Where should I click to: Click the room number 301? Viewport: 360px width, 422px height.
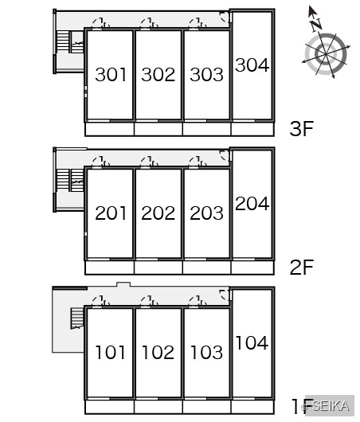pyautogui.click(x=111, y=75)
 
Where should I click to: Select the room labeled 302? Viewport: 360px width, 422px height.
pyautogui.click(x=158, y=75)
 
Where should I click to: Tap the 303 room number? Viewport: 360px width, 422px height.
pyautogui.click(x=206, y=75)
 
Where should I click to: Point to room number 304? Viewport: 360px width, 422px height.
pyautogui.click(x=252, y=64)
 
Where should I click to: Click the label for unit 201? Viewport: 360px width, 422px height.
pyautogui.click(x=111, y=213)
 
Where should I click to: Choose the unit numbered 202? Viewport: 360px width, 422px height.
pyautogui.click(x=158, y=213)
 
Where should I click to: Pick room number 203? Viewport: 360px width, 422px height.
pyautogui.click(x=206, y=213)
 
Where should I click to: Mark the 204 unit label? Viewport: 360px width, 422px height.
pyautogui.click(x=252, y=204)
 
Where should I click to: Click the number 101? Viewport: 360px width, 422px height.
pyautogui.click(x=111, y=352)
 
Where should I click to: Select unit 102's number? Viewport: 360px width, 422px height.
pyautogui.click(x=158, y=352)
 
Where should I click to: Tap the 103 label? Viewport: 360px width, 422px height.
pyautogui.click(x=206, y=352)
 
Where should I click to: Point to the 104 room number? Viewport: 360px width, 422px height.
pyautogui.click(x=252, y=342)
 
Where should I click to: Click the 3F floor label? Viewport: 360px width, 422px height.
pyautogui.click(x=302, y=128)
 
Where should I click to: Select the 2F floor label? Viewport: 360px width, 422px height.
pyautogui.click(x=302, y=267)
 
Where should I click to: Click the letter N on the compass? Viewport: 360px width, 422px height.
pyautogui.click(x=316, y=25)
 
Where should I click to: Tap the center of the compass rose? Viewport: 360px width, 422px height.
pyautogui.click(x=326, y=54)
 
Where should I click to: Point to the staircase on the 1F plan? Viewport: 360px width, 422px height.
pyautogui.click(x=77, y=318)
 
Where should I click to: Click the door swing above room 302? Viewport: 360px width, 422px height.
pyautogui.click(x=149, y=23)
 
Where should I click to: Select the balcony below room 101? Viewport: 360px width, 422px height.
pyautogui.click(x=110, y=407)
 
